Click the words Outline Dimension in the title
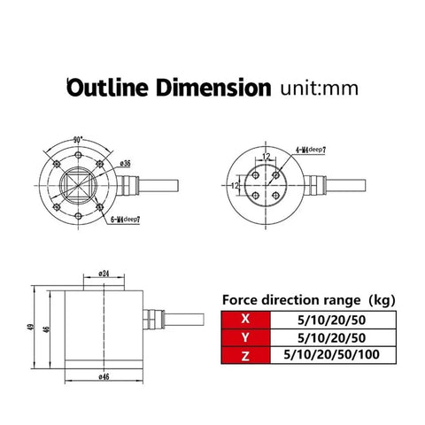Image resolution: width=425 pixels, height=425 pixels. tap(168, 89)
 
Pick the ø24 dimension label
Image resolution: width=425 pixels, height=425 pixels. tap(104, 274)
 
